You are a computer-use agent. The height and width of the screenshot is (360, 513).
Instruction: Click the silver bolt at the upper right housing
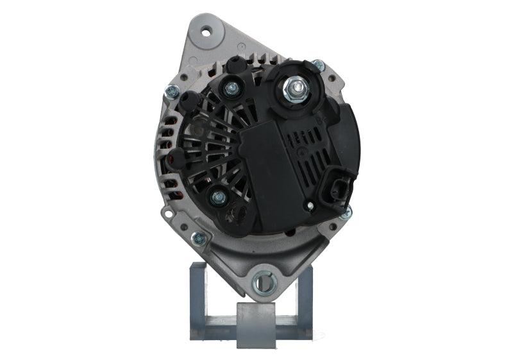[317, 65]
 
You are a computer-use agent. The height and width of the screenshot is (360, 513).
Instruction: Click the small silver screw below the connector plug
[310, 207]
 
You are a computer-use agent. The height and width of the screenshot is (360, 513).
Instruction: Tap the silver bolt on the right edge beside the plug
[347, 212]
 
